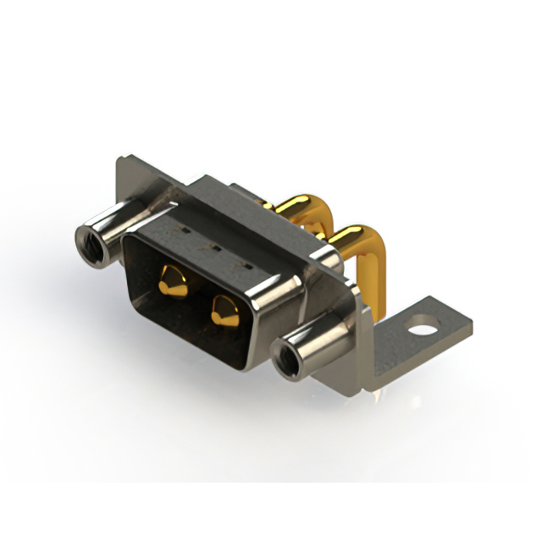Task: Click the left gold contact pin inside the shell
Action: click(174, 281)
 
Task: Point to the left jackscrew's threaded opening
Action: click(89, 243)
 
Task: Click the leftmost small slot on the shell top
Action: click(180, 230)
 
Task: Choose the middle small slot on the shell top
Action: click(213, 248)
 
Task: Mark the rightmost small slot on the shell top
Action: click(246, 266)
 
